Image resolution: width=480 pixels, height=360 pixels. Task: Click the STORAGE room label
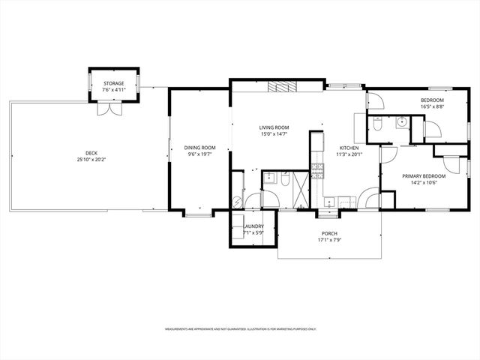[x=114, y=84]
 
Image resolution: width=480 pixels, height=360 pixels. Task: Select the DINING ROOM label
[x=199, y=148]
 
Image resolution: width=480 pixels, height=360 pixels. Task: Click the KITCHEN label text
[x=349, y=148]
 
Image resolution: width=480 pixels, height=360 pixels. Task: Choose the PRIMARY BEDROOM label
[x=424, y=176]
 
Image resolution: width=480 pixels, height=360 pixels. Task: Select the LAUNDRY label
[x=253, y=226]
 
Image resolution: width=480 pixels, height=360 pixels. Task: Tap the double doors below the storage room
[x=114, y=108]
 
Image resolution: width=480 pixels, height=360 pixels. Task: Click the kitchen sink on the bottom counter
[x=330, y=201]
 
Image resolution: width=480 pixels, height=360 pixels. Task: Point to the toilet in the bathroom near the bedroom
[x=377, y=123]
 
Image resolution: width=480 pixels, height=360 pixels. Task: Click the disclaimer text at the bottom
[x=240, y=328]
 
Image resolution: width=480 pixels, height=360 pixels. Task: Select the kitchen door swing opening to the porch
[x=367, y=200]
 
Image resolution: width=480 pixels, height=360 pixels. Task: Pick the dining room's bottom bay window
[x=198, y=215]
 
